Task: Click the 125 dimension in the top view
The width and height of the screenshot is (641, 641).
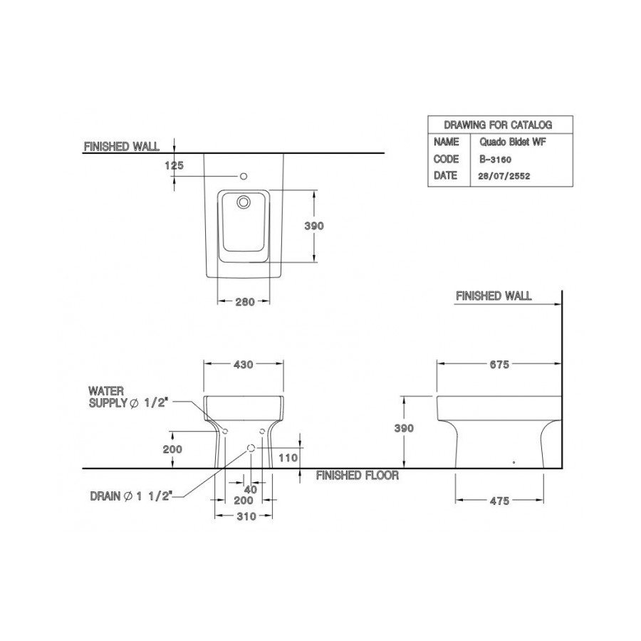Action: coord(174,165)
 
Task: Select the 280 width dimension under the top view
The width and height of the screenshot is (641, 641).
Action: coord(244,301)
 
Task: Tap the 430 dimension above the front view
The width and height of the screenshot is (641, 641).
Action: coord(244,365)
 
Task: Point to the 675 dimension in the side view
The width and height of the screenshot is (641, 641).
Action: coord(499,365)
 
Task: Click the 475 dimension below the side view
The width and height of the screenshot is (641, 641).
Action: coord(499,501)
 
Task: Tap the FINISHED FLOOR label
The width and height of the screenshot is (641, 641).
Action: coord(357,475)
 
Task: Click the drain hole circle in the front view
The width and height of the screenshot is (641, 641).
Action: coord(251,448)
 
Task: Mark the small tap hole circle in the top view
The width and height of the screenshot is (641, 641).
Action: coord(243,175)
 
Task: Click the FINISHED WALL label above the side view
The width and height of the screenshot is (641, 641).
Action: coord(493,296)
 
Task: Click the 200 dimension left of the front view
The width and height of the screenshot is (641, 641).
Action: coord(173,449)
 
